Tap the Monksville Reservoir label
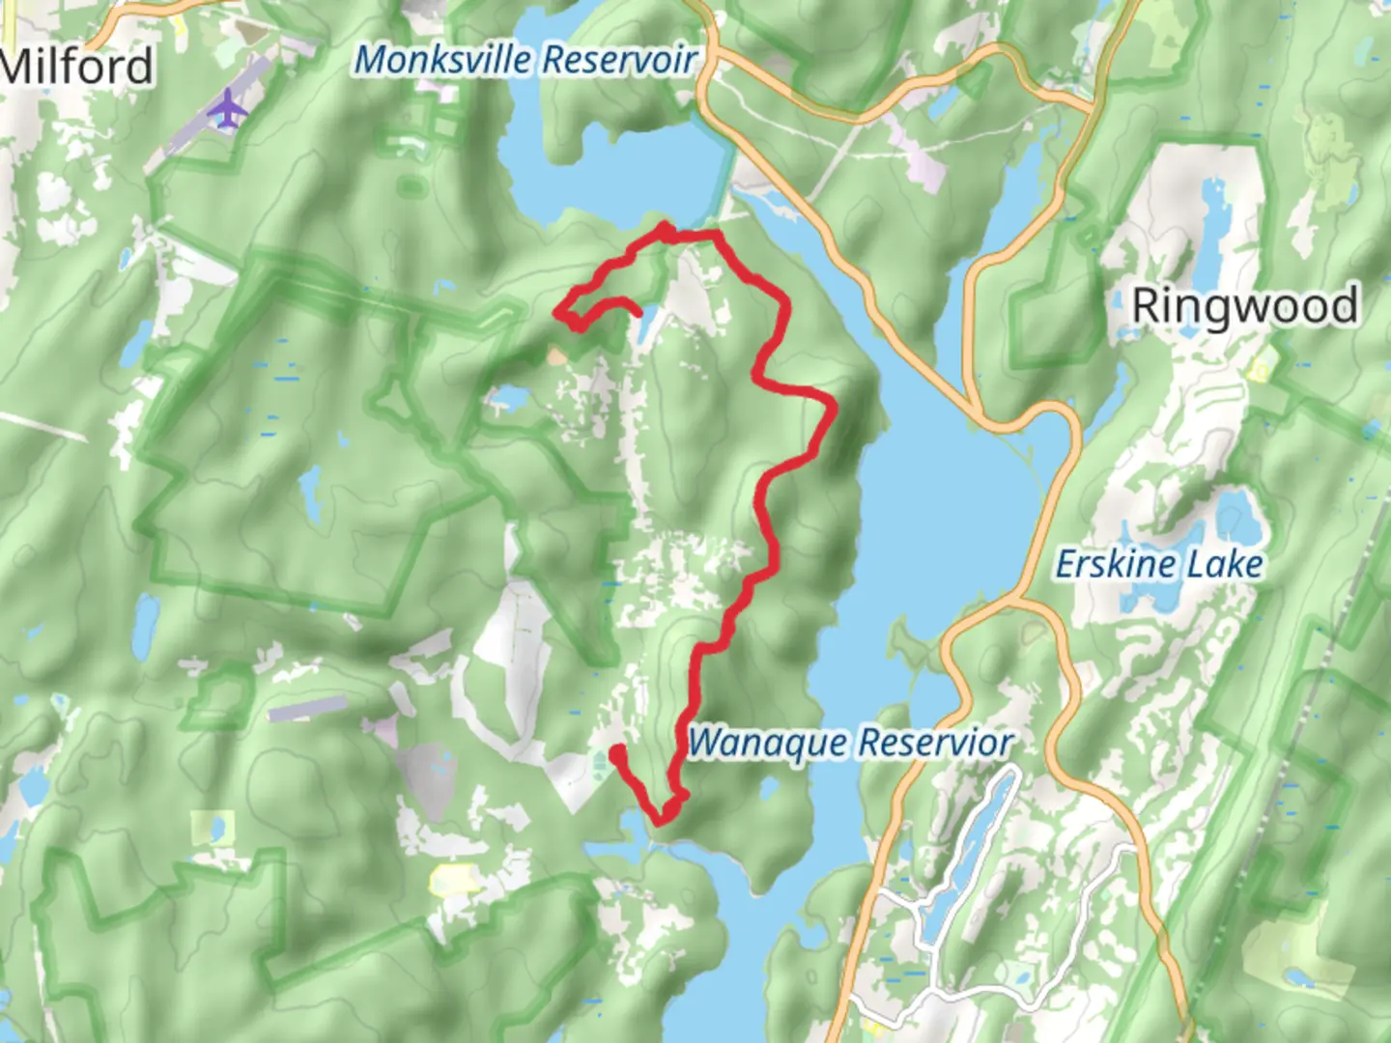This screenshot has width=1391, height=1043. tap(525, 60)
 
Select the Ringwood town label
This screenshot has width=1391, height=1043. tap(1244, 306)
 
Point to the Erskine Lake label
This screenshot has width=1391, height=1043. tap(1158, 564)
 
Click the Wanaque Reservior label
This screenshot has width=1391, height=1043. tap(850, 743)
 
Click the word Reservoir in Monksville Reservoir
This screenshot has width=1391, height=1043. tap(618, 60)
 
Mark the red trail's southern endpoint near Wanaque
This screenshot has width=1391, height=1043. tap(615, 749)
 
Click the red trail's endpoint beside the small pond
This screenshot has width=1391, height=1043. tap(638, 311)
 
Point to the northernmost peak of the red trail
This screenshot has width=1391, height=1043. tap(666, 228)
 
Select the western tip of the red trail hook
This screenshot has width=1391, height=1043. tap(557, 311)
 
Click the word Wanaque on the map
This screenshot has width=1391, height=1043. tap(769, 743)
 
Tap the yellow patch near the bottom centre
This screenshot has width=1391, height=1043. tap(454, 879)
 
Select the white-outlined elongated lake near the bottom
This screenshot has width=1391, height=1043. tap(966, 850)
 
